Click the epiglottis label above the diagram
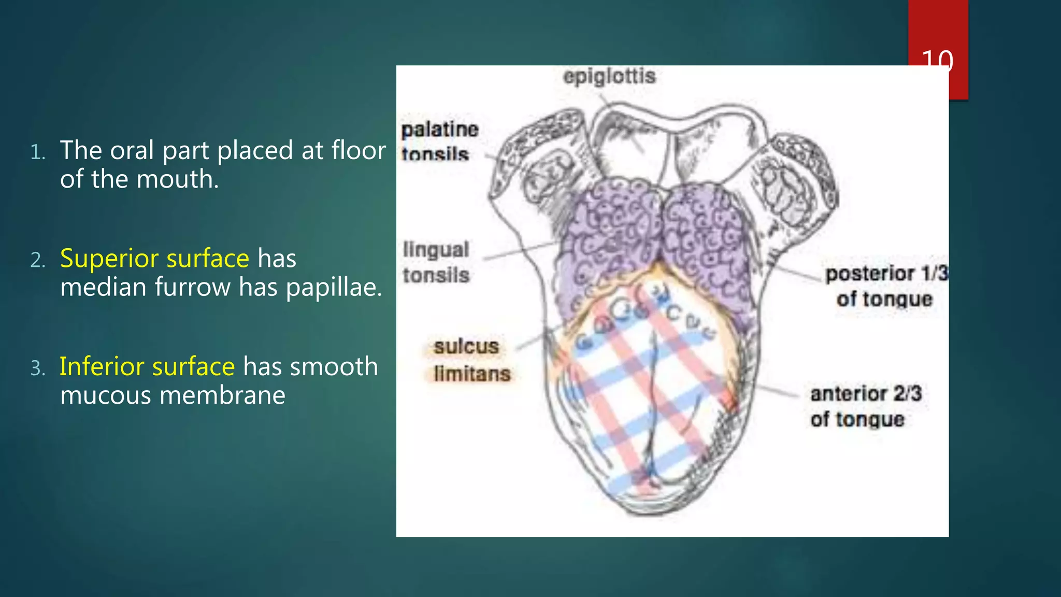[609, 77]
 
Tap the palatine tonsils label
[439, 141]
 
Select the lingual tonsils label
[436, 262]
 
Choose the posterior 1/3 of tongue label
[885, 286]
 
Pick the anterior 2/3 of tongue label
[865, 406]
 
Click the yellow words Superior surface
[154, 258]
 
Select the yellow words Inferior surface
[147, 366]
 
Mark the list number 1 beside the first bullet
[37, 152]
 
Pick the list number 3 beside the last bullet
[37, 368]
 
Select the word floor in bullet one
[359, 150]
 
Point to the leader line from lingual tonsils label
[518, 251]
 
